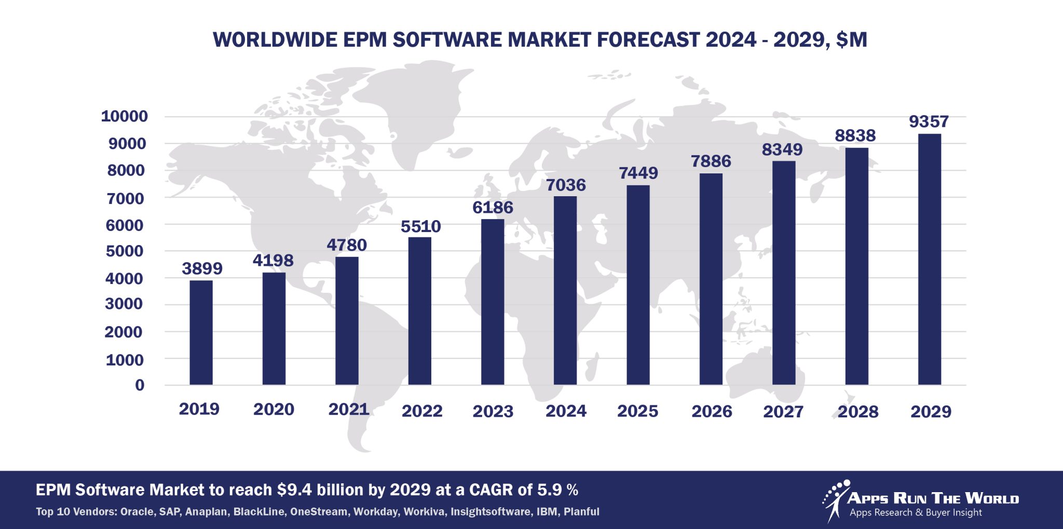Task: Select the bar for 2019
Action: (201, 332)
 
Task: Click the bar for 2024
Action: (565, 291)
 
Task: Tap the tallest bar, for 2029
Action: (929, 260)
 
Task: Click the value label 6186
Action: (493, 208)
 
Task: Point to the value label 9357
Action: (929, 121)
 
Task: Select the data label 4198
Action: (273, 260)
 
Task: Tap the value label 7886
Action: (711, 161)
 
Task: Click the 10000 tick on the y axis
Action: (124, 116)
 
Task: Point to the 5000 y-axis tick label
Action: (124, 251)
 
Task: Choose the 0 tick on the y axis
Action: (140, 385)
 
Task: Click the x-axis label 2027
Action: (783, 412)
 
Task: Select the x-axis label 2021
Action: (348, 410)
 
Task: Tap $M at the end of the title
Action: (852, 40)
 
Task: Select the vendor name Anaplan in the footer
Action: (206, 512)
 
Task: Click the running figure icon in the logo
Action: (835, 500)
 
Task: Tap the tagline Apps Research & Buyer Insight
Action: (916, 513)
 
